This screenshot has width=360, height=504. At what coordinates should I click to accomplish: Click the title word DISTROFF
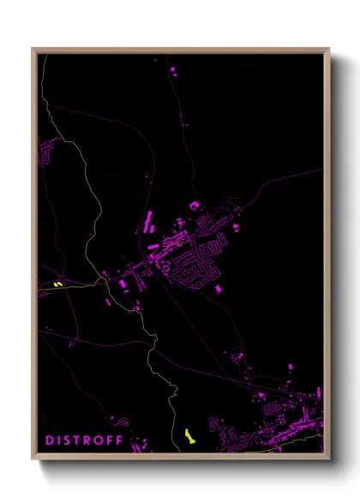[x=83, y=441]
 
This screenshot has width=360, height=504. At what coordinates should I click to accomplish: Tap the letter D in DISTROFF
[x=49, y=441]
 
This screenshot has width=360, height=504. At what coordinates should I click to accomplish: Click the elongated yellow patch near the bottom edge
[x=189, y=436]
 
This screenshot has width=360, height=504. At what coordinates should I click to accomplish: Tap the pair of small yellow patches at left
[x=57, y=285]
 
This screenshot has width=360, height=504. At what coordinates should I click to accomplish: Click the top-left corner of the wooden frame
[x=33, y=49]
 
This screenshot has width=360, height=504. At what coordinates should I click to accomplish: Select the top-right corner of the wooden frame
[x=329, y=49]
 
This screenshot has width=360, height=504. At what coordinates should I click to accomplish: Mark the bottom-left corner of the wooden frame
[x=33, y=459]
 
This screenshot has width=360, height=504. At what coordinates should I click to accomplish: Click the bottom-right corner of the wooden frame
[x=329, y=459]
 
